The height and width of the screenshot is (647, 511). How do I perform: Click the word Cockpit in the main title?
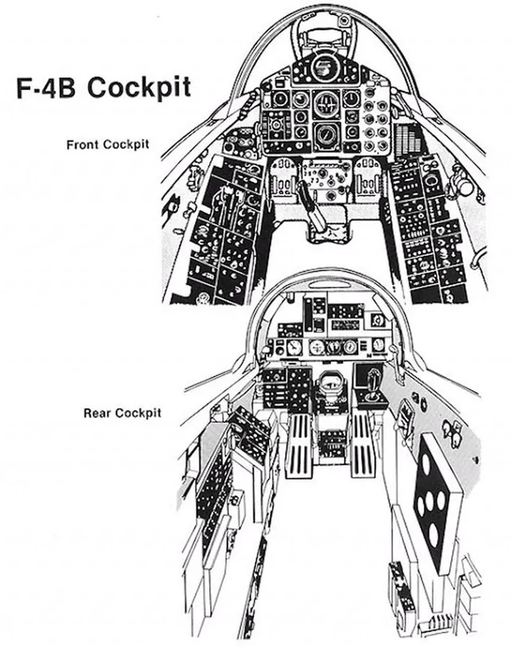click(139, 88)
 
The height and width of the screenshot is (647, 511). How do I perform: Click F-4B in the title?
click(46, 88)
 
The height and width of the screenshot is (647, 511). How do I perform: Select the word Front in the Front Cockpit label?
click(83, 145)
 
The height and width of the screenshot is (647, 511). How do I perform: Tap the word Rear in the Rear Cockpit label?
click(97, 412)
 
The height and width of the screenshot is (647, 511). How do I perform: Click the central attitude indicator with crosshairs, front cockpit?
click(327, 103)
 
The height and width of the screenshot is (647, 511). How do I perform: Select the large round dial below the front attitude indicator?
click(327, 135)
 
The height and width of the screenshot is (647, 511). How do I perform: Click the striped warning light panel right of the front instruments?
click(408, 137)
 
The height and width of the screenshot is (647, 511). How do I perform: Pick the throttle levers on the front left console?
click(228, 203)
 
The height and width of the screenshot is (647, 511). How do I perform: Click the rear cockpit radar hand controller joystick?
click(373, 384)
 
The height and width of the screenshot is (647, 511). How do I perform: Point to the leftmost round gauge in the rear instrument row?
click(294, 347)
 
